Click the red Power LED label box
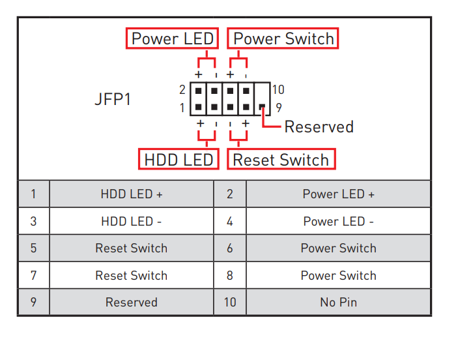click(x=172, y=38)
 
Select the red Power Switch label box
click(x=283, y=38)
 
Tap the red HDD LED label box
click(x=178, y=159)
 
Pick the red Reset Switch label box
click(x=281, y=159)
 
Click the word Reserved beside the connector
click(x=319, y=127)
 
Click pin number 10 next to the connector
click(x=278, y=90)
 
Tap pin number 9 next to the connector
click(x=278, y=108)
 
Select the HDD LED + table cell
click(x=132, y=194)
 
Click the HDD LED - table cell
click(x=132, y=221)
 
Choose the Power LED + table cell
click(x=338, y=194)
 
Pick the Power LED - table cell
click(x=338, y=221)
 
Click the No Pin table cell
click(x=338, y=302)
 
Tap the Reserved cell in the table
click(x=132, y=302)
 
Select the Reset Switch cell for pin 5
click(x=132, y=248)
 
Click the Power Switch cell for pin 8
click(x=338, y=275)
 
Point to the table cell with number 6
click(x=230, y=248)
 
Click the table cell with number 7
click(x=33, y=275)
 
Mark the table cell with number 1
click(x=33, y=194)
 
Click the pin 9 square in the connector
click(x=262, y=107)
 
